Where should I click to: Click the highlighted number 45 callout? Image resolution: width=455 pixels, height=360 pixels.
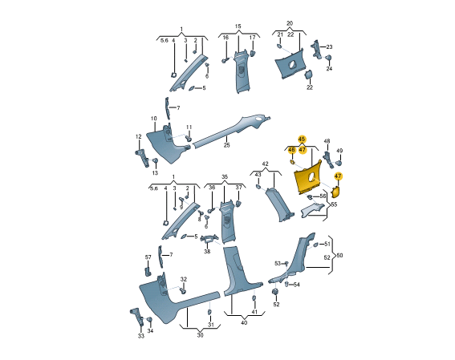[x=302, y=140]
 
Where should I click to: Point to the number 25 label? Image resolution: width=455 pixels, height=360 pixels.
[x=226, y=144]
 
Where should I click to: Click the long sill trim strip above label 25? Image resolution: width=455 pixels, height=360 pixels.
[x=232, y=131]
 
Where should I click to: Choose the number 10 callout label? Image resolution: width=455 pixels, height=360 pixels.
[x=154, y=118]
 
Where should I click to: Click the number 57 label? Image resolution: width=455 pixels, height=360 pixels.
[x=148, y=257]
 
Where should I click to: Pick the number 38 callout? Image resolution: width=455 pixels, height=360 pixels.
[x=207, y=251]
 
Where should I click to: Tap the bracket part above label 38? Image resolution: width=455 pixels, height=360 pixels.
[x=209, y=239]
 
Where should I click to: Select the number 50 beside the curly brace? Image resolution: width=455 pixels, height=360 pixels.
[x=339, y=255]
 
